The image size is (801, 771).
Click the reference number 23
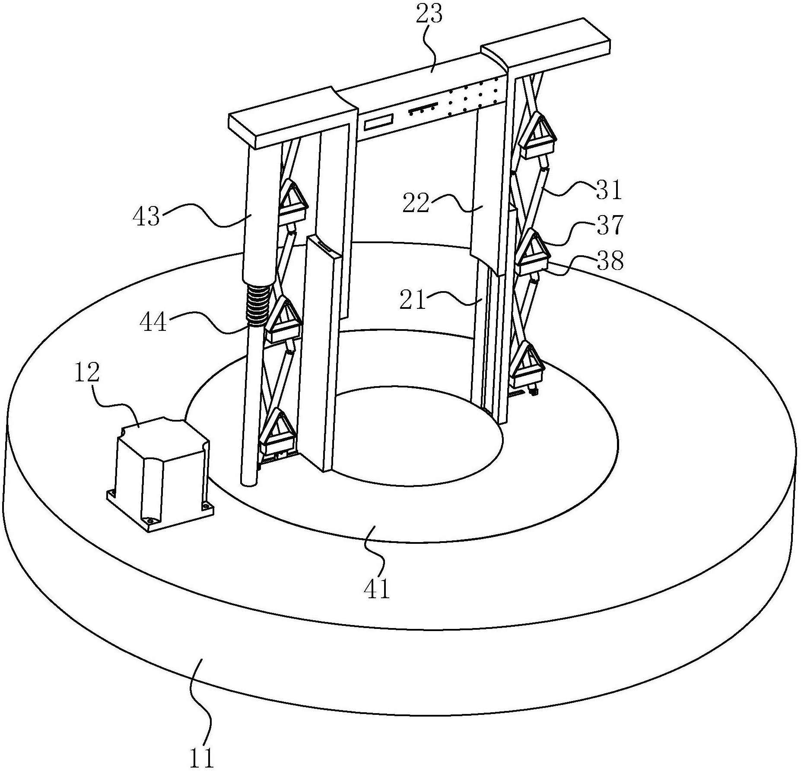[x=429, y=16]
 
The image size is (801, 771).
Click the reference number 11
[x=202, y=758]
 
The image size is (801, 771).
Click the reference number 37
[x=610, y=225]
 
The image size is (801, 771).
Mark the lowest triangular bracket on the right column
[x=527, y=365]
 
